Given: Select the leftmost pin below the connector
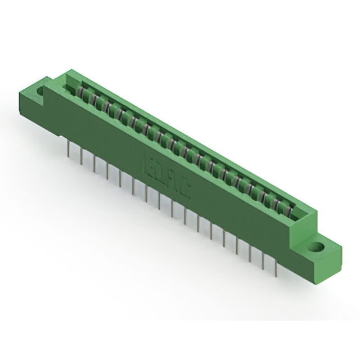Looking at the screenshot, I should pos(68,147).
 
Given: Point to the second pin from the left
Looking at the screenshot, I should pos(82,156).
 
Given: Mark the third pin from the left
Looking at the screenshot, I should pos(94,164).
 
